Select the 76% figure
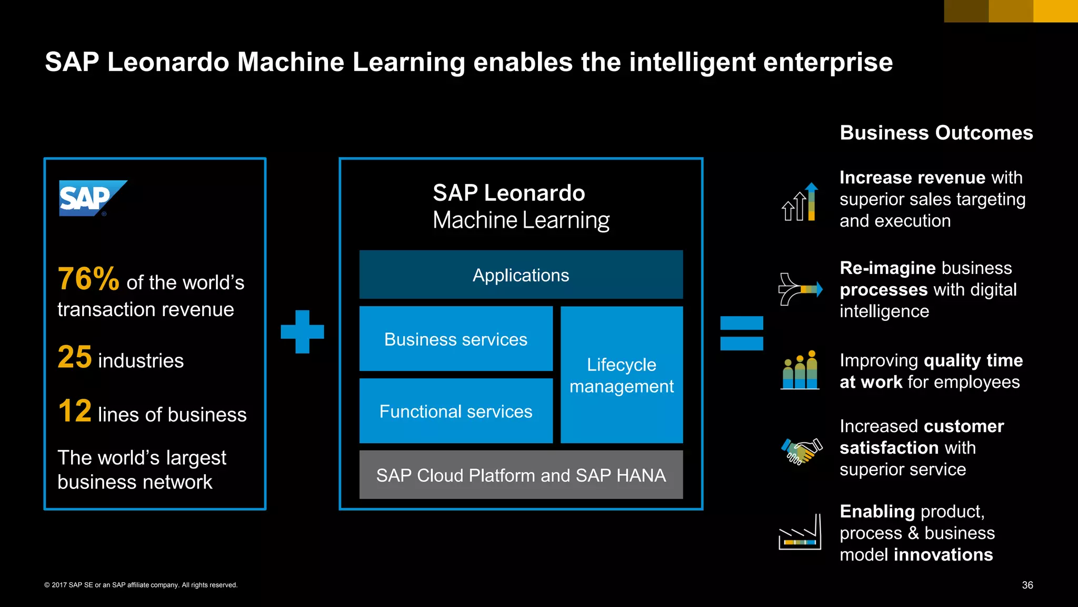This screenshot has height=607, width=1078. pyautogui.click(x=88, y=279)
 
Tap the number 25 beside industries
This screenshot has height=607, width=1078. pyautogui.click(x=75, y=357)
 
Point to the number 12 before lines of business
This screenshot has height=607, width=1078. pyautogui.click(x=75, y=411)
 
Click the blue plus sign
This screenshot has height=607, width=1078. pyautogui.click(x=302, y=331)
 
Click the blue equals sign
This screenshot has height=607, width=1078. pyautogui.click(x=741, y=333)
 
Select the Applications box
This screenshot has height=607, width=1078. pyautogui.click(x=521, y=275)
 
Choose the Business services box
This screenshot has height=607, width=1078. pyautogui.click(x=456, y=339)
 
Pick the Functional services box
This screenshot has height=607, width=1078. pyautogui.click(x=456, y=411)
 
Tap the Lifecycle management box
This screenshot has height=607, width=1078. pyautogui.click(x=621, y=375)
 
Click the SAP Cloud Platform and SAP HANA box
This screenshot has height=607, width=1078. pyautogui.click(x=521, y=475)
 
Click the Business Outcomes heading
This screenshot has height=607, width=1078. pyautogui.click(x=936, y=133)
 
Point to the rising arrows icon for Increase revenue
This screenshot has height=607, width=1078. pyautogui.click(x=799, y=202)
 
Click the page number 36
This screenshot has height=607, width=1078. pyautogui.click(x=1027, y=585)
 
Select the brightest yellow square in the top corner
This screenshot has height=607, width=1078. pyautogui.click(x=1055, y=11)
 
